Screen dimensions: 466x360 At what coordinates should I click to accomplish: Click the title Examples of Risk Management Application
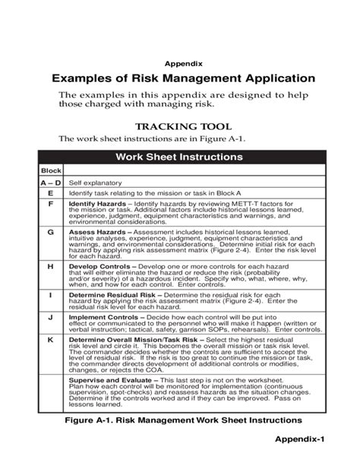[182, 78]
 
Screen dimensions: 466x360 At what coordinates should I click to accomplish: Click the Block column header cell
[51, 172]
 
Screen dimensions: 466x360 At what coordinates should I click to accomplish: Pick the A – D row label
[51, 183]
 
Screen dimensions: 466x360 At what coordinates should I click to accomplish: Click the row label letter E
[51, 194]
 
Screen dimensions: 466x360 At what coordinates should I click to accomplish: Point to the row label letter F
[51, 204]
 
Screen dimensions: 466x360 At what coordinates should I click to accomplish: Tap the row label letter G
[51, 230]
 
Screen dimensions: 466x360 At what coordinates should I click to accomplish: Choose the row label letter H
[51, 267]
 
